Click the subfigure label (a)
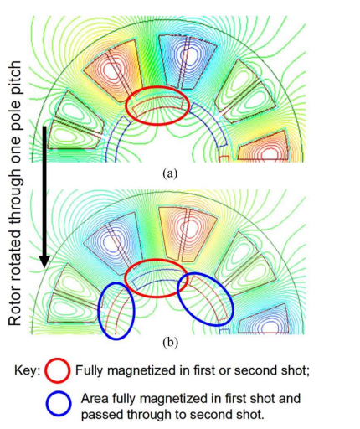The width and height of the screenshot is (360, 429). tap(170, 173)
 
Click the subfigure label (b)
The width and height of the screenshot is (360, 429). tap(170, 343)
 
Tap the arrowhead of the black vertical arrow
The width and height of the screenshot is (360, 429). tap(44, 261)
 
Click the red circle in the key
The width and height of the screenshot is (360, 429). tap(58, 370)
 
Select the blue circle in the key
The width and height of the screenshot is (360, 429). tap(59, 404)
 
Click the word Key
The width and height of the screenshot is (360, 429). tap(28, 370)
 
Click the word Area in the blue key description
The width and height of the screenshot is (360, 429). tap(95, 399)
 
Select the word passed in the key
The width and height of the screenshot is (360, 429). tap(102, 416)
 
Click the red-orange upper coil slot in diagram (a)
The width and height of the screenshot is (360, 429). tap(113, 69)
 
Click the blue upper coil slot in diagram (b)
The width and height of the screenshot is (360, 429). tap(113, 242)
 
